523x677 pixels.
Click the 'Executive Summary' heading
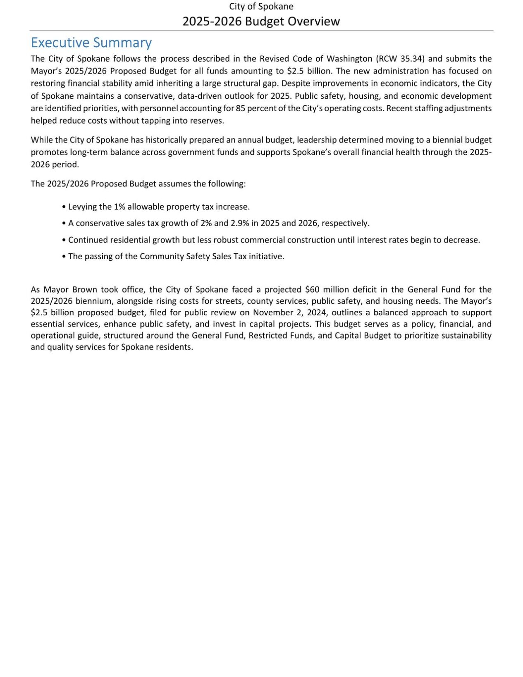pyautogui.click(x=91, y=43)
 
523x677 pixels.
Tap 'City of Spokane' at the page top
pyautogui.click(x=261, y=7)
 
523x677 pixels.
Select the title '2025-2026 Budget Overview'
pyautogui.click(x=261, y=21)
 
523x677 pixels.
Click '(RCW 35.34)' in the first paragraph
pyautogui.click(x=400, y=59)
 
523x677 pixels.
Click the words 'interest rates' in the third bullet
pyautogui.click(x=382, y=240)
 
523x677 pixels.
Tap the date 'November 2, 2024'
pyautogui.click(x=289, y=312)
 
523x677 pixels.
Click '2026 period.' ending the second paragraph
pyautogui.click(x=55, y=164)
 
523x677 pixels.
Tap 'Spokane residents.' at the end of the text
pyautogui.click(x=157, y=347)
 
